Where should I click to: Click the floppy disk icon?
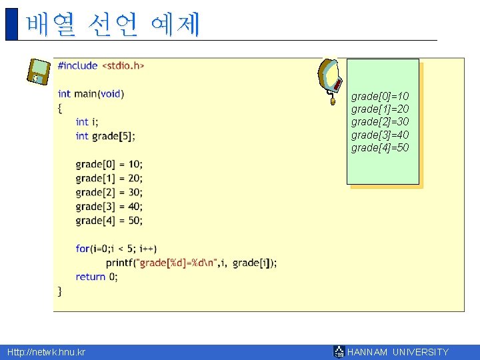tap(39, 71)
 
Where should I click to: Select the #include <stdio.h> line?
tap(101, 65)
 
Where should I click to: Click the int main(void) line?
tap(91, 94)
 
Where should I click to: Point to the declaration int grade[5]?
tap(105, 136)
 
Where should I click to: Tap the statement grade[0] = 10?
tap(109, 164)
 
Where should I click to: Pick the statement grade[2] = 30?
tap(109, 192)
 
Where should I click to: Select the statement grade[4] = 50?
tap(109, 220)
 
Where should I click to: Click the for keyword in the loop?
tap(82, 249)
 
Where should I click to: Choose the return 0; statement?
tap(97, 277)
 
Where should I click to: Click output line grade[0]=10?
tap(380, 97)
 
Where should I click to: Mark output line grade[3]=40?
tap(380, 135)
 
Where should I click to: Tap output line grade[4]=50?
tap(380, 147)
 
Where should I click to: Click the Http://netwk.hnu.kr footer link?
tap(46, 352)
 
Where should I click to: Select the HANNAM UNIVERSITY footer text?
tap(398, 352)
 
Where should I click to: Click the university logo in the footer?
tap(339, 352)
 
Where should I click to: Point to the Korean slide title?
tap(113, 25)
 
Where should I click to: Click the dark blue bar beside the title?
tap(11, 24)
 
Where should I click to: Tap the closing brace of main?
tap(60, 291)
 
